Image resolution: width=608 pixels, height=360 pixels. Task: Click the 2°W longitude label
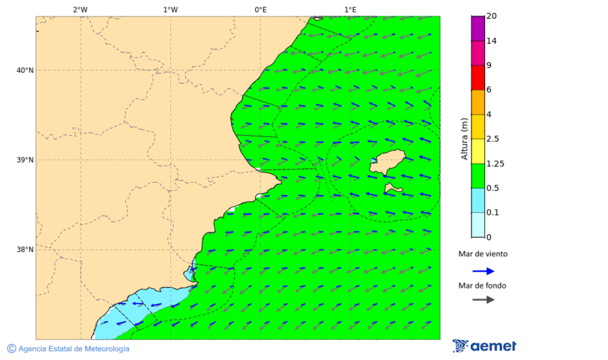(x=80, y=9)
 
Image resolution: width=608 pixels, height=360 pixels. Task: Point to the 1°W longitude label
(x=170, y=9)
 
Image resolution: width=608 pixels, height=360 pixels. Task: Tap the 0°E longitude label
(x=260, y=9)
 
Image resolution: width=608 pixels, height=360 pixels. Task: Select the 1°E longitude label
(x=350, y=9)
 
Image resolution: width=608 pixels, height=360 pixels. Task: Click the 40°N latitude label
(x=25, y=70)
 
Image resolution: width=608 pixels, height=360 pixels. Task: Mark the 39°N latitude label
(x=25, y=160)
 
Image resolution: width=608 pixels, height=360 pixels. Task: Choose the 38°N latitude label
(x=25, y=250)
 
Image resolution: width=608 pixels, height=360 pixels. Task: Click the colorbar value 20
(x=492, y=16)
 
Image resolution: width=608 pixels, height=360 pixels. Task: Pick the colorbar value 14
(x=492, y=41)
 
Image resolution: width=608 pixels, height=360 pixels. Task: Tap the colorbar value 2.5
(x=492, y=139)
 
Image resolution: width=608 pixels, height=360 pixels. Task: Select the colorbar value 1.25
(x=495, y=163)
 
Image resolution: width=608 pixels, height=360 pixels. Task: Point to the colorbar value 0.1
(x=492, y=213)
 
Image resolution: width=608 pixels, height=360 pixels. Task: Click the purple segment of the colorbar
(x=478, y=28)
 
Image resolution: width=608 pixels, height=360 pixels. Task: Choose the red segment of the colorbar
(x=478, y=78)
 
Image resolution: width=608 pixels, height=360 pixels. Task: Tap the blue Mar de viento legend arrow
(x=483, y=271)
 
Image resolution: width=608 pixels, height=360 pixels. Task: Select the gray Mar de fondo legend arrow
(x=483, y=299)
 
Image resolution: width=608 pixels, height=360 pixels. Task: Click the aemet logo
(x=484, y=346)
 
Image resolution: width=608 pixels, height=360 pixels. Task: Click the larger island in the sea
(x=387, y=162)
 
